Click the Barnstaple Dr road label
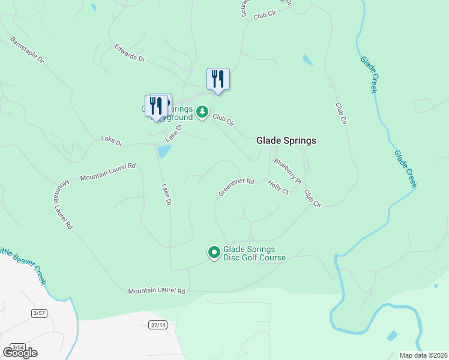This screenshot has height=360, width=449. point(28,50)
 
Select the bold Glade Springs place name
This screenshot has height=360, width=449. point(286,140)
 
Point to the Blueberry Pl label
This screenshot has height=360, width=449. point(287,170)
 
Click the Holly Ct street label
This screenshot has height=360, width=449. point(279,187)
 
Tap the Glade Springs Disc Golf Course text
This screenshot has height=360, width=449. point(255,253)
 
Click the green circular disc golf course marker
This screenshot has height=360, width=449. point(214,253)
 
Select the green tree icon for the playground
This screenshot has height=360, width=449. point(202,112)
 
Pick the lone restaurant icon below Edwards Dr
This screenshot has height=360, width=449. point(218,79)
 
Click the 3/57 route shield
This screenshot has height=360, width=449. point(39,313)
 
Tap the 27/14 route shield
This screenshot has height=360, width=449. point(157,325)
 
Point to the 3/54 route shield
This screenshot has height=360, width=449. point(18,347)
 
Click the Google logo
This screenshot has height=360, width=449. point(20,352)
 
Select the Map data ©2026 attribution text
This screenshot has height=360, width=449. point(423,355)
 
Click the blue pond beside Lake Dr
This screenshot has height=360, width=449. point(163,151)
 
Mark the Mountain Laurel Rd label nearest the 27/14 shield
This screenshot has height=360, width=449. point(157,291)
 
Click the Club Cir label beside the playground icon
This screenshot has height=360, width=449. point(223,121)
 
